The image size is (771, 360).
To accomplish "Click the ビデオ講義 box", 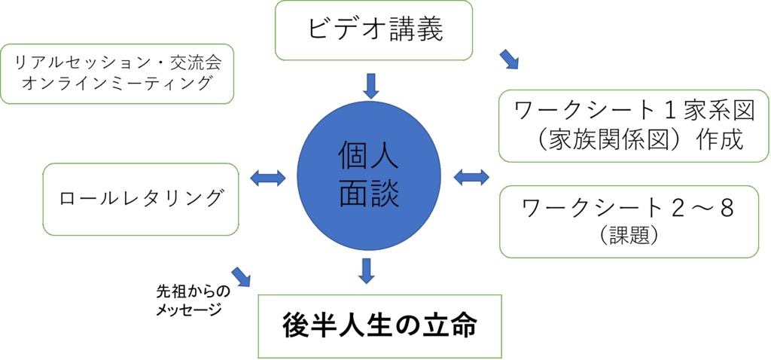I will [373, 30].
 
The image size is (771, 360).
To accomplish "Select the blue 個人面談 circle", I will [368, 178].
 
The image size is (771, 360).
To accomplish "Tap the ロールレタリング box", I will [142, 199].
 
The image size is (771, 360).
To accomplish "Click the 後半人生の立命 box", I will [380, 326].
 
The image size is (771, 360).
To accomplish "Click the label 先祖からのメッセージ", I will [188, 300].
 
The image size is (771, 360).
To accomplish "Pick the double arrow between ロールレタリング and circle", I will [267, 178].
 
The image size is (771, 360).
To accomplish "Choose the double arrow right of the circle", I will [471, 178].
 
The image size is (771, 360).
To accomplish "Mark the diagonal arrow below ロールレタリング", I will [242, 277].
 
